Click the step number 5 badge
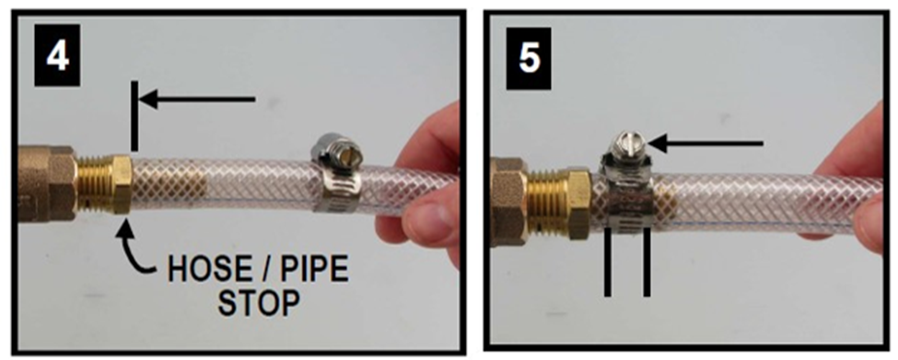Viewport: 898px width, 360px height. click(x=530, y=57)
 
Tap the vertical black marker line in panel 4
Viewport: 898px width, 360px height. click(x=134, y=115)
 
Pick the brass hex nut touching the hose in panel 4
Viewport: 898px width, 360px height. click(x=122, y=183)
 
